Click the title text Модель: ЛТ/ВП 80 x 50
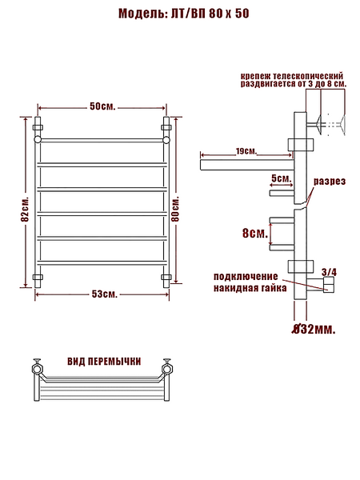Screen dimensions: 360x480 click(x=184, y=14)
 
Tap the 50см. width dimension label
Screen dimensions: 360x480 click(x=102, y=106)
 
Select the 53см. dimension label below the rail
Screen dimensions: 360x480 click(x=105, y=294)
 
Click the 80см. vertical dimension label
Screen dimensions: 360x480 click(x=175, y=208)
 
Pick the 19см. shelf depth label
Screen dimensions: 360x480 click(x=246, y=151)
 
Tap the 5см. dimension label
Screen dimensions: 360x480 click(x=281, y=178)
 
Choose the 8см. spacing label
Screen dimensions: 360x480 click(x=255, y=234)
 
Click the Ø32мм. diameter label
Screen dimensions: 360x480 click(x=314, y=330)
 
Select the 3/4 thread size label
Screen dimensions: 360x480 click(x=329, y=272)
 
